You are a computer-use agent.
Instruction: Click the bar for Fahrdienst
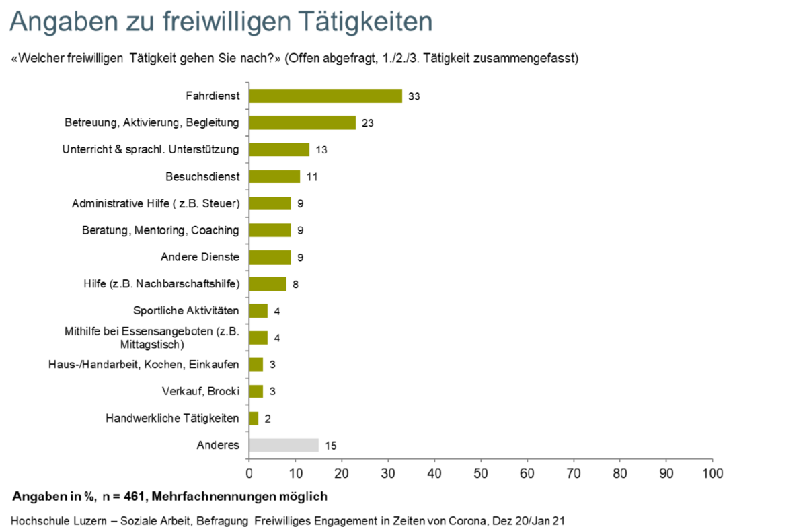tap(325, 96)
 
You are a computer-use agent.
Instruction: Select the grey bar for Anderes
tap(284, 445)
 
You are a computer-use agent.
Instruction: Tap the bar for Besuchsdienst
tap(274, 176)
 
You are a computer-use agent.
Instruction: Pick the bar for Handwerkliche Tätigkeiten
tap(254, 418)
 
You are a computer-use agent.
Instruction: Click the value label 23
tap(367, 123)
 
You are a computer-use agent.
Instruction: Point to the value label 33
tap(414, 96)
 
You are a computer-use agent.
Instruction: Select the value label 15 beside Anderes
tap(330, 445)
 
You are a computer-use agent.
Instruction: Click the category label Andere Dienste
tap(200, 257)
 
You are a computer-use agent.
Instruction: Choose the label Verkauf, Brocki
tap(200, 391)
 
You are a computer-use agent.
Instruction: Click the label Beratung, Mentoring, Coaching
tap(160, 230)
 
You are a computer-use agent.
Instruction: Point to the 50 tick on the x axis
tap(481, 473)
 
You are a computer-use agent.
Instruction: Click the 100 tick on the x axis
tap(712, 473)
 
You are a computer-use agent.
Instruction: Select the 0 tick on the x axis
tap(249, 473)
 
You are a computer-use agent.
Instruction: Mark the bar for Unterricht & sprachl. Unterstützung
tap(279, 149)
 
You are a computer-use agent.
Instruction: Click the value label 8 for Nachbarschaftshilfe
tap(295, 284)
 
